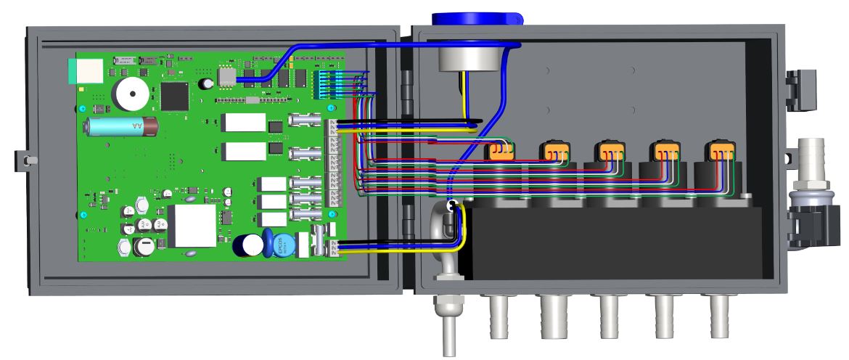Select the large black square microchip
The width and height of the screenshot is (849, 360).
pos(175,94)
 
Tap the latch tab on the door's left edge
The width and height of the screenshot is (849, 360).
pos(24,157)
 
